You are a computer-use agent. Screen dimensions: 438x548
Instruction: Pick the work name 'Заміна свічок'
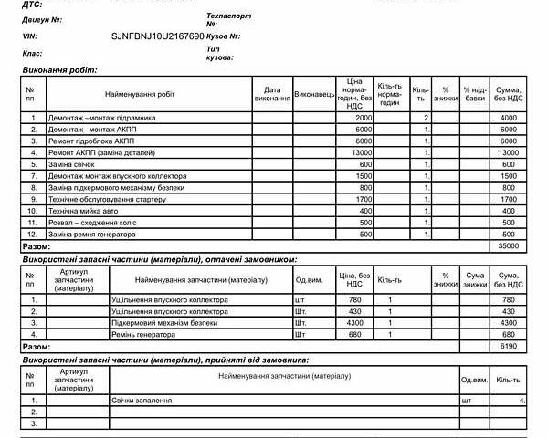click(x=77, y=164)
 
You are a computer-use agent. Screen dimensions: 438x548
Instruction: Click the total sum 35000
click(x=509, y=246)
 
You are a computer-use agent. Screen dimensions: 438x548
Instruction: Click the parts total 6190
click(x=509, y=347)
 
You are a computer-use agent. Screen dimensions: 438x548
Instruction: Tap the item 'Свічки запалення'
click(x=144, y=401)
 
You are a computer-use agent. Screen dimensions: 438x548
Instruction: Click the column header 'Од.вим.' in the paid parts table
click(x=309, y=280)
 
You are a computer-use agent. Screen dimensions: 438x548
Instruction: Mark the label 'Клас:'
click(x=33, y=53)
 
